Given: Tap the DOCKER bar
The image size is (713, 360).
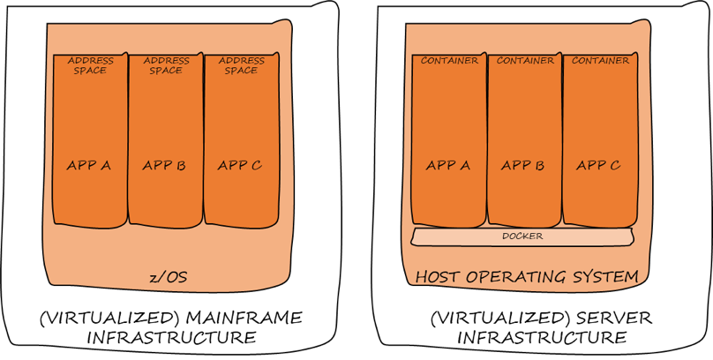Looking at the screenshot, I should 522,236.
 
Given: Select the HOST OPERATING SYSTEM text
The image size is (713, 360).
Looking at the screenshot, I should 527,277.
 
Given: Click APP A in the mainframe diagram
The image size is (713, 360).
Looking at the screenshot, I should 89,164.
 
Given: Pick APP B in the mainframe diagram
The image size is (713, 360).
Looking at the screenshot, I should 164,164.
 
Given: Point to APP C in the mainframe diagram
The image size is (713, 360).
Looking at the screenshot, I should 240,164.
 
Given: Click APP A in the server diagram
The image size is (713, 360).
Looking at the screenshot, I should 448,164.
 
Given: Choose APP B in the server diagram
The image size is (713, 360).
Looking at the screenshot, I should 523,164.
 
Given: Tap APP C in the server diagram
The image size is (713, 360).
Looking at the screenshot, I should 599,164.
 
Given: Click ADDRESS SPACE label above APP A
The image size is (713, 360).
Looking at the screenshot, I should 90,65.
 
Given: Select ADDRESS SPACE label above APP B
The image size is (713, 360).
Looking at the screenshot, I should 165,65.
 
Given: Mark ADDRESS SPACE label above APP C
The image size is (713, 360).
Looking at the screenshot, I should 241,65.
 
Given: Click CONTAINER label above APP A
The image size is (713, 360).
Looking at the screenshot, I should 449,61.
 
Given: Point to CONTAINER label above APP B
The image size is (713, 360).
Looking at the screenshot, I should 525,61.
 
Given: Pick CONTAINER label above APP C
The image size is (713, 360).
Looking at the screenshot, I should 600,61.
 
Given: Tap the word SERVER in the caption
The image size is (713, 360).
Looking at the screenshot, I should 591,318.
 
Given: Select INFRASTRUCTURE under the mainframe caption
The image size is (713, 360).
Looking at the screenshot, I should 170,338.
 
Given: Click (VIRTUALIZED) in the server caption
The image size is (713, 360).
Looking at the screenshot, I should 482,318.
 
